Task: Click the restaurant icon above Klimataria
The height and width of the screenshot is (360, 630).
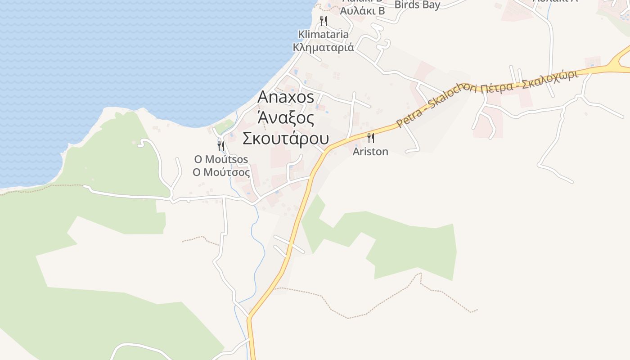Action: click(323, 21)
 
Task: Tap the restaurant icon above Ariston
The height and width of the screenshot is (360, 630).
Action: click(371, 138)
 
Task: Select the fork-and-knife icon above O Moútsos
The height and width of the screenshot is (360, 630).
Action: click(221, 146)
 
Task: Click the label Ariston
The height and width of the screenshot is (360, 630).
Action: click(370, 152)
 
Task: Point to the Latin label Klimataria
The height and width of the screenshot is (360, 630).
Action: click(323, 35)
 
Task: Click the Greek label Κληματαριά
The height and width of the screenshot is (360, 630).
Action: click(323, 47)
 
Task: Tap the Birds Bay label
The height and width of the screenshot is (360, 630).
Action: click(417, 5)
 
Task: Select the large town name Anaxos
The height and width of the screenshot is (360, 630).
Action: click(286, 97)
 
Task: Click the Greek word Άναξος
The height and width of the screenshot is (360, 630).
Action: click(285, 118)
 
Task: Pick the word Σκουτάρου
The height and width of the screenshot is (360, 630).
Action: click(286, 139)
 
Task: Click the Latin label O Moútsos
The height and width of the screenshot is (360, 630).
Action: click(221, 160)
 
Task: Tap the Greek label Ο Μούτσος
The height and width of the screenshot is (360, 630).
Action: click(221, 172)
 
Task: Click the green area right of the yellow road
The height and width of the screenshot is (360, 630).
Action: click(405, 243)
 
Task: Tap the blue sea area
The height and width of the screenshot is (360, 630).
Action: click(135, 54)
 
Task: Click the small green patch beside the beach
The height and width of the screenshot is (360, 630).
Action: click(224, 126)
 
